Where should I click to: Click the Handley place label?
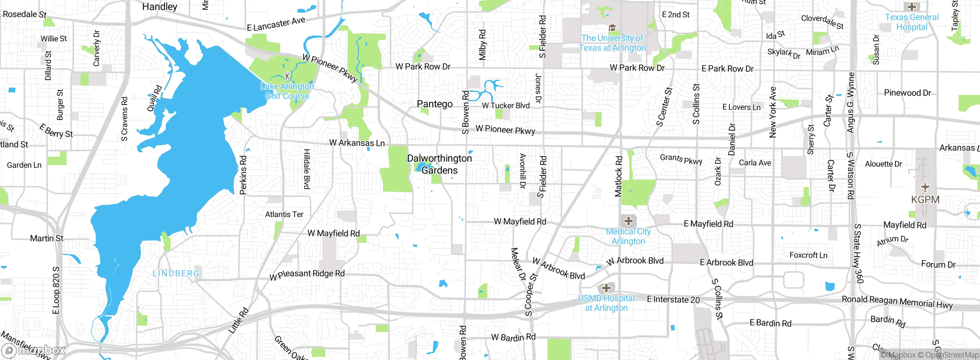point(160,7)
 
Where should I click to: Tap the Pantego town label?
point(434,104)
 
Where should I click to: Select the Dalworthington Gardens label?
point(439,164)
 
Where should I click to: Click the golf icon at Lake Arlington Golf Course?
point(287,76)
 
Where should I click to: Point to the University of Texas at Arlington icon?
point(612,28)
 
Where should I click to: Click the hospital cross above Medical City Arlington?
point(628,221)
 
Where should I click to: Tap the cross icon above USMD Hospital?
point(606,288)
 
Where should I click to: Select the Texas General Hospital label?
point(911,22)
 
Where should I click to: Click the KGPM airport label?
point(925,200)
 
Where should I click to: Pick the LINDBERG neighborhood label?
point(176,273)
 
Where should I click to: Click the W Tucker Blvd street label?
point(506,106)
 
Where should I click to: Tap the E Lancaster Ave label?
point(276,24)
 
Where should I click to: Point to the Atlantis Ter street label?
point(284,214)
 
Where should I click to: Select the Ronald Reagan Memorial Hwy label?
point(897,302)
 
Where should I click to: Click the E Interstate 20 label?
point(673,299)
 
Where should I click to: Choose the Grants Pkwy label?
point(681,159)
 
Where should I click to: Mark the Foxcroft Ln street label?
point(808,255)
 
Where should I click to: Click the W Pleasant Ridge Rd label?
point(307,275)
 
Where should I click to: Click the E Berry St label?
point(56,131)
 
